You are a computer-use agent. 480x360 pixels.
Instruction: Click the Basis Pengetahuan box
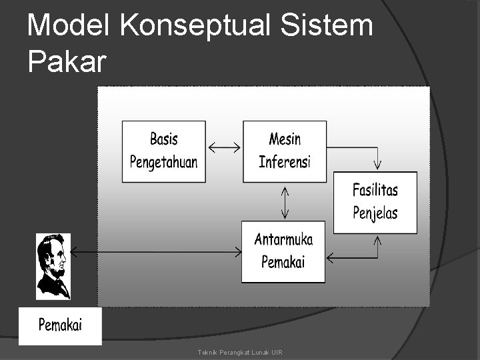click(x=163, y=151)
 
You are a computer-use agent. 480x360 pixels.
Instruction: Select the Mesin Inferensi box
click(x=285, y=151)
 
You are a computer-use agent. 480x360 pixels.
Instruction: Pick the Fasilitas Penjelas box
click(x=375, y=202)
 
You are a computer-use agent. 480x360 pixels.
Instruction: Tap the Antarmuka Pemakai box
click(x=283, y=251)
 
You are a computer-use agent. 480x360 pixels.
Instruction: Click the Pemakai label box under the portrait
click(x=60, y=326)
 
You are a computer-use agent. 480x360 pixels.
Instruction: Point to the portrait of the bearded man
click(x=53, y=266)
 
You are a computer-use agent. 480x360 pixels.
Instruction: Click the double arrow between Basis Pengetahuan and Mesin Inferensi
click(x=224, y=147)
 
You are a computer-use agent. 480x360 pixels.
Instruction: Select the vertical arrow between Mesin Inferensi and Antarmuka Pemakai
click(x=285, y=202)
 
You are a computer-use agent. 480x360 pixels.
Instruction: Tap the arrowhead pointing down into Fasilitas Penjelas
click(x=378, y=162)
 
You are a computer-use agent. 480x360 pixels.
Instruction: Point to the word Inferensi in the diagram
click(x=285, y=161)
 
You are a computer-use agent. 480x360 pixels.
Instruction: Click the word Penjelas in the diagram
click(x=375, y=213)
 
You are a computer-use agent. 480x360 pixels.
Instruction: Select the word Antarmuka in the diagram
click(x=283, y=240)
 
